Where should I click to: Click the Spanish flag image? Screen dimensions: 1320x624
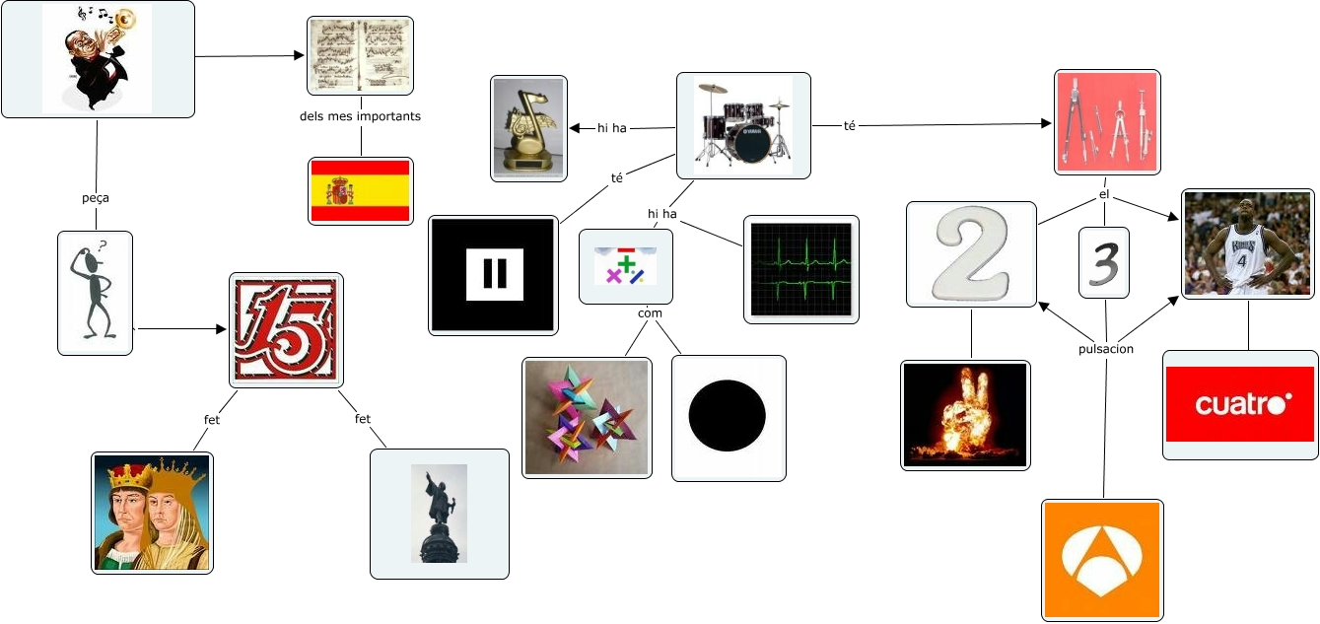pos(360,191)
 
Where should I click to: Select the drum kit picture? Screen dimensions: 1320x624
pos(743,125)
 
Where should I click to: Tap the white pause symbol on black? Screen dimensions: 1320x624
pos(494,275)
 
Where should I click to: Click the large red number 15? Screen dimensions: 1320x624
pos(286,329)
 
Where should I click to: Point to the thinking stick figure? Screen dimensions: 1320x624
pos(95,293)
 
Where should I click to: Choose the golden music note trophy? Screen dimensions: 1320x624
pos(528,128)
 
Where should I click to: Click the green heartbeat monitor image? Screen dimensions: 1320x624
pos(800,269)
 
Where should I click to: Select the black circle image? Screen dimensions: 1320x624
pos(728,418)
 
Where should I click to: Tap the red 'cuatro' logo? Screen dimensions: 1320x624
pos(1240,404)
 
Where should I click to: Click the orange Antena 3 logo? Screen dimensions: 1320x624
pos(1102,560)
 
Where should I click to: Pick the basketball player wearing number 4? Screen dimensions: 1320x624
pos(1247,243)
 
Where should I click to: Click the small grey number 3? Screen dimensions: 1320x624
pos(1103,263)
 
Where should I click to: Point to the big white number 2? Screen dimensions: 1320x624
pos(971,254)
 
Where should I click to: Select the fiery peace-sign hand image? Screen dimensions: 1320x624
pos(965,414)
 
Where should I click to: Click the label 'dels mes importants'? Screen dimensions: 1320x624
pos(360,116)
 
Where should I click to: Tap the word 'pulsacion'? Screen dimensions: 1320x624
pos(1105,349)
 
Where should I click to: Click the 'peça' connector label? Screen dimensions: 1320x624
pos(96,197)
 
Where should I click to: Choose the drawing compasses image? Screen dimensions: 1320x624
pos(1106,122)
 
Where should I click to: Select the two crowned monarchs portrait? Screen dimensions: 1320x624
pos(152,513)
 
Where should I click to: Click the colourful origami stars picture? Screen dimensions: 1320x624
pos(587,417)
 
